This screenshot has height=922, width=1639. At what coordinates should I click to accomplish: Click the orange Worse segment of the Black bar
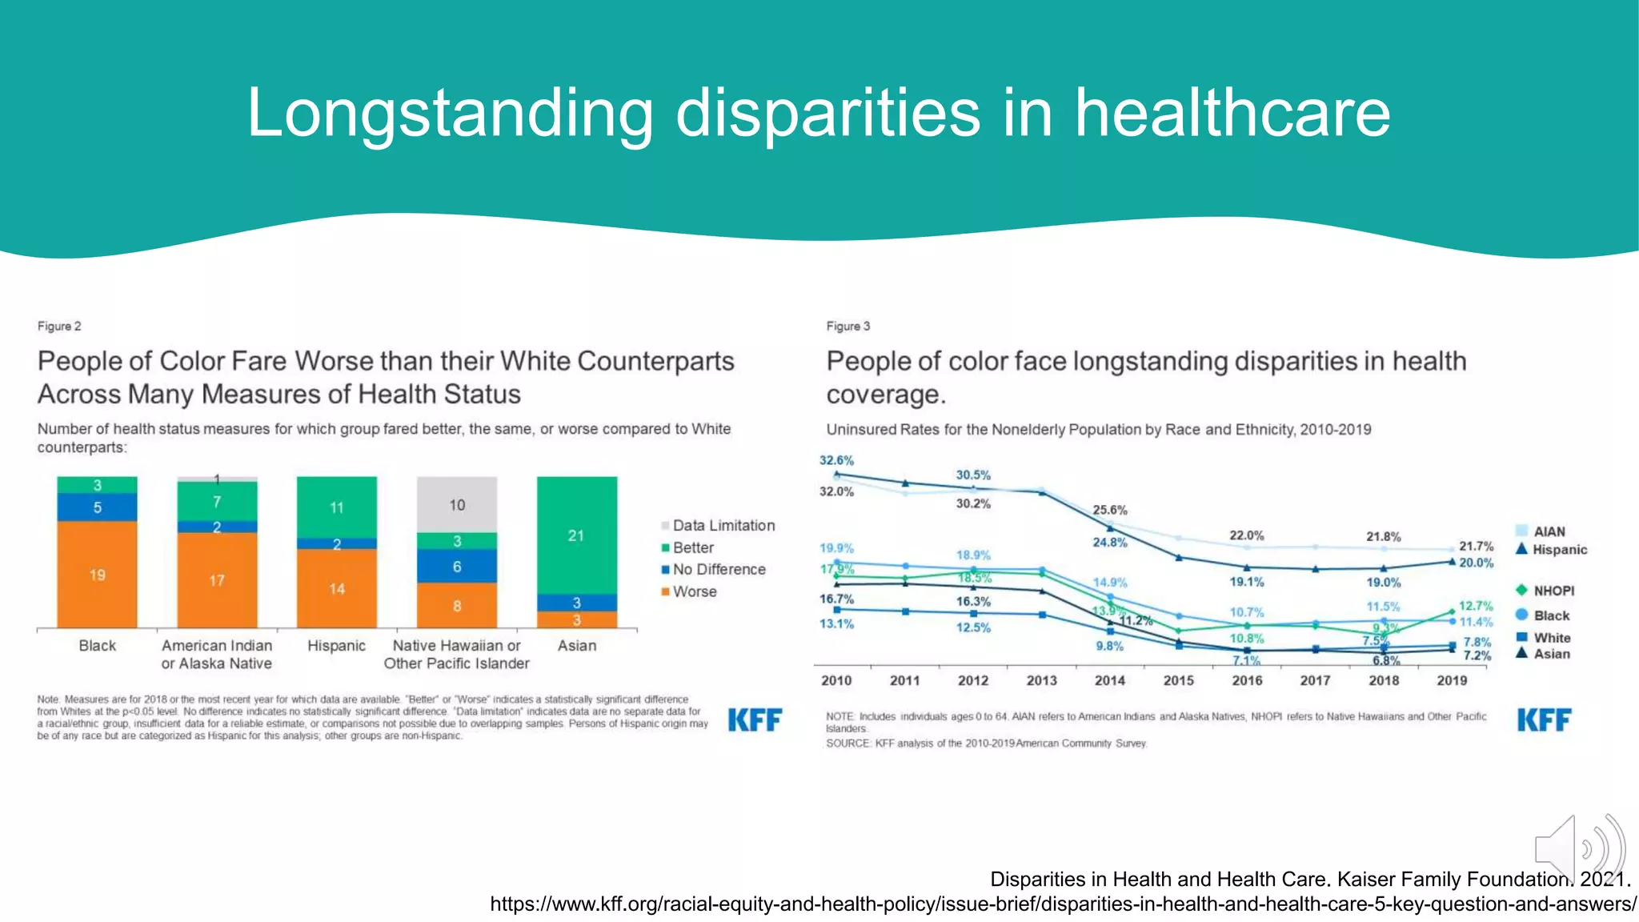click(x=97, y=574)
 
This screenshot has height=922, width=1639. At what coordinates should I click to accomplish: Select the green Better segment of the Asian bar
click(x=576, y=535)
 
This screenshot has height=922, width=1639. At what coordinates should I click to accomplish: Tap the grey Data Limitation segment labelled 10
click(x=456, y=504)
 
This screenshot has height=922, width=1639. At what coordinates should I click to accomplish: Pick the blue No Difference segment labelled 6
click(x=456, y=566)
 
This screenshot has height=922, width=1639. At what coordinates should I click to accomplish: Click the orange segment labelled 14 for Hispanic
click(x=336, y=588)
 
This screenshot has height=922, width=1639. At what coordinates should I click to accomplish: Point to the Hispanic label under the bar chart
click(x=336, y=645)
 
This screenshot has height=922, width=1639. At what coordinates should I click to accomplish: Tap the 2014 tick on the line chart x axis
click(x=1109, y=680)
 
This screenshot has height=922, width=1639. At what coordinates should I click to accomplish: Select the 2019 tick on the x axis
click(x=1452, y=680)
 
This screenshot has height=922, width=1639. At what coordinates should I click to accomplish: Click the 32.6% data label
click(x=836, y=460)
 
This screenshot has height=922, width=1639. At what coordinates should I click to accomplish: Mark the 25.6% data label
click(x=1110, y=510)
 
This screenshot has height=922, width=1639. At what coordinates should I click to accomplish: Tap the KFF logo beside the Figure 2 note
click(x=755, y=720)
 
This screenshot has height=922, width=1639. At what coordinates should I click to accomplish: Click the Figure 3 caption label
click(x=848, y=326)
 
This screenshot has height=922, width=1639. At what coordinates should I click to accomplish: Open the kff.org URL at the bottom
click(x=1063, y=904)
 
